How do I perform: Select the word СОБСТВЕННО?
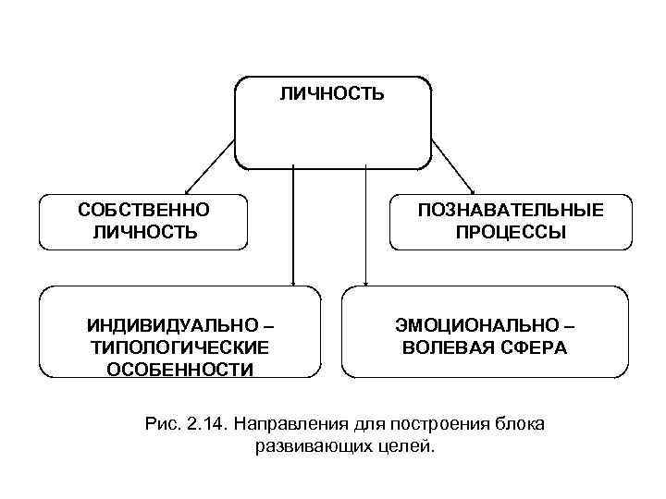click(x=143, y=211)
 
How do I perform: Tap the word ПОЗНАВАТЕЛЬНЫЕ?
click(x=510, y=211)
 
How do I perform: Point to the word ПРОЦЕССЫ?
click(x=510, y=232)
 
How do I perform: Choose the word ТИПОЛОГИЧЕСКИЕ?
click(x=179, y=347)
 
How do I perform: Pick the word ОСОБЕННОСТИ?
click(x=179, y=370)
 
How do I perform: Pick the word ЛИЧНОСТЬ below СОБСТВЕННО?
click(x=143, y=232)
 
